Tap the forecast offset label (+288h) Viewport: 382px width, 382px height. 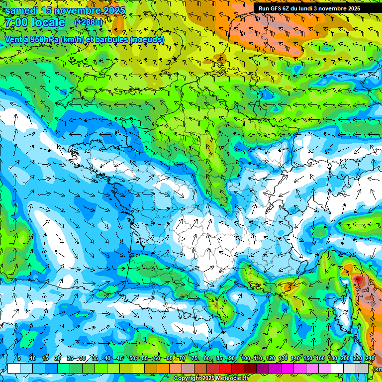[x=88, y=22]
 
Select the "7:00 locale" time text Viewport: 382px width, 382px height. [x=34, y=22]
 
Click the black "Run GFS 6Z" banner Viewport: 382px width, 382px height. [x=309, y=8]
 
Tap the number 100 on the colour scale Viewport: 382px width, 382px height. [x=245, y=359]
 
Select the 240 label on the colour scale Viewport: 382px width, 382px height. [x=370, y=359]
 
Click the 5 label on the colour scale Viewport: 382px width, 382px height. [x=19, y=359]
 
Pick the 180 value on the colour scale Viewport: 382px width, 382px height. [x=333, y=359]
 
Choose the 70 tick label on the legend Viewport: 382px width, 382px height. [x=182, y=359]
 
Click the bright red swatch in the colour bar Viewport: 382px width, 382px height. [x=225, y=368]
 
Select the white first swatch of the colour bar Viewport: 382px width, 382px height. [x=14, y=368]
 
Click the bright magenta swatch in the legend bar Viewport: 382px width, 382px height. [x=287, y=368]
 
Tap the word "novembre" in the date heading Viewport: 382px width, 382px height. [x=75, y=10]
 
